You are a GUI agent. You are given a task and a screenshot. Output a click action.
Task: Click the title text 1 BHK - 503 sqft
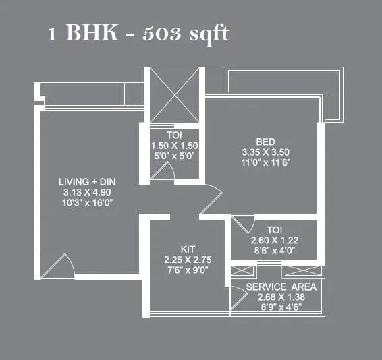138,34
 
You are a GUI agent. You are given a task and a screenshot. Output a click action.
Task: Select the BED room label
265,142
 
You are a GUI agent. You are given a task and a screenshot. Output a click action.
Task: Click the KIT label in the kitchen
188,248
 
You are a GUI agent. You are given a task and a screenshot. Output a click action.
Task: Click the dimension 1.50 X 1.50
173,146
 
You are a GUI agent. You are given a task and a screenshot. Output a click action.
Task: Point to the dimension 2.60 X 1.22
274,240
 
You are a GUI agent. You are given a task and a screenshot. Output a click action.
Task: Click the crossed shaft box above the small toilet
173,95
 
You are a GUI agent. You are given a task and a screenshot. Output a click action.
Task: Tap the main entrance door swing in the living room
59,266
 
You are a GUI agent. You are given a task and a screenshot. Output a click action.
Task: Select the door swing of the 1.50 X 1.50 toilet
162,171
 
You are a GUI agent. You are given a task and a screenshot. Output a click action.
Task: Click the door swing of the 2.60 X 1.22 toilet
242,224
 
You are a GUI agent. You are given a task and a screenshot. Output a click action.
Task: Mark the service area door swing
237,297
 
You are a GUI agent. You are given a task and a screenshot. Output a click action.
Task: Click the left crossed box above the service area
242,271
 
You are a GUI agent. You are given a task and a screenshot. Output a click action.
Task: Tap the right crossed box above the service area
302,271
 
